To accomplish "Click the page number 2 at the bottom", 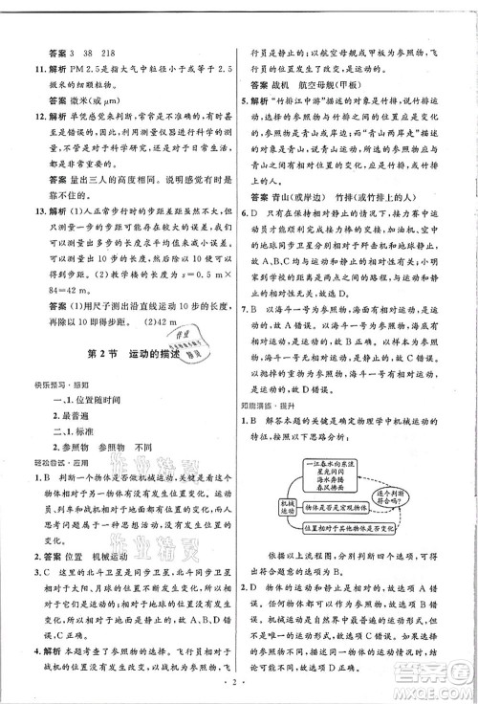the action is coord(238,683).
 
